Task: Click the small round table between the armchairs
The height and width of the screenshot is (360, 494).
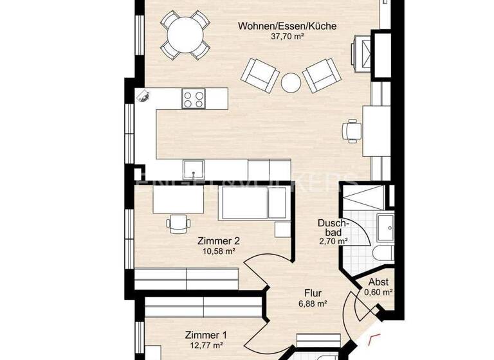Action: pyautogui.click(x=291, y=82)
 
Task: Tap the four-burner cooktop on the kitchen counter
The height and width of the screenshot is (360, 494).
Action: pyautogui.click(x=193, y=98)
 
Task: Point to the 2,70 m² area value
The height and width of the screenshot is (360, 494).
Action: pyautogui.click(x=333, y=242)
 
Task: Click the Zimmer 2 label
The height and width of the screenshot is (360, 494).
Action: pyautogui.click(x=215, y=240)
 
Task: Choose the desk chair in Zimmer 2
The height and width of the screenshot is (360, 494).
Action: pyautogui.click(x=178, y=223)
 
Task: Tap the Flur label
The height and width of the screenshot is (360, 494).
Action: pyautogui.click(x=313, y=293)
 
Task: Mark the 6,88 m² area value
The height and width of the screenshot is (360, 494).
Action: pyautogui.click(x=313, y=303)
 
